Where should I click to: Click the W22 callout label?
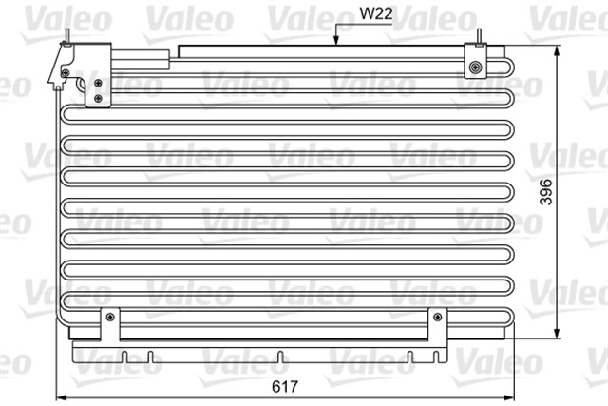coord(376,13)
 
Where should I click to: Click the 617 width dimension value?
coord(285,386)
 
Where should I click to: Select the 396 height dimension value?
coord(546,192)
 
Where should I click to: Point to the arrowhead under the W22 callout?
coord(336,40)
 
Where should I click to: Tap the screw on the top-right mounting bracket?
coord(475,68)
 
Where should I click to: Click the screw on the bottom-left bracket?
coord(110,318)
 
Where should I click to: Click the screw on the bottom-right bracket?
coord(438,318)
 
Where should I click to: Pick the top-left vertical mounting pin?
coord(67,38)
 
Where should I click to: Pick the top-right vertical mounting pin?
coord(479,38)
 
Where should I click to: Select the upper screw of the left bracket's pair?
coord(98,83)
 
